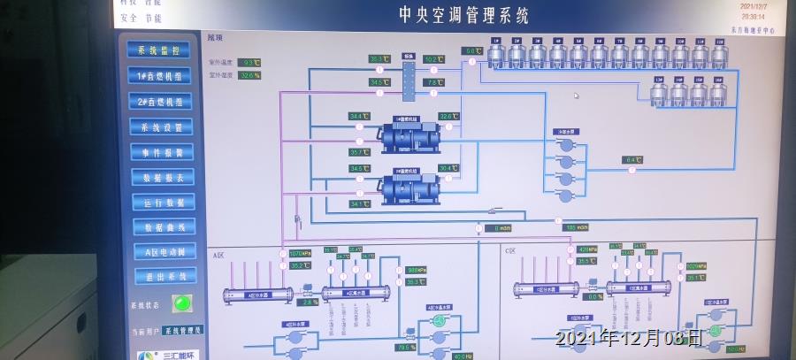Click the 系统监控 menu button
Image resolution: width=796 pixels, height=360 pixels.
click(159, 51)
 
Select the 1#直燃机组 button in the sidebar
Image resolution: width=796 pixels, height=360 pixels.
click(159, 77)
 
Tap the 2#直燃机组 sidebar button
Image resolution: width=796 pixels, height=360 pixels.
click(159, 102)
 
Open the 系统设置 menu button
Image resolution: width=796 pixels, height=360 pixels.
click(160, 127)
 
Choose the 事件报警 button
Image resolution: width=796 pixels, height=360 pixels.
click(160, 152)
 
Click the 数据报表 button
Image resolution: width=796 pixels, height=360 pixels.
click(161, 177)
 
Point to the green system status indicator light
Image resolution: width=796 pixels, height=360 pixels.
click(182, 303)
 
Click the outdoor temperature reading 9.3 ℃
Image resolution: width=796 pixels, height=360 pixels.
click(249, 63)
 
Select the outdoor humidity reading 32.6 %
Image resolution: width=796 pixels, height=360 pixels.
click(249, 76)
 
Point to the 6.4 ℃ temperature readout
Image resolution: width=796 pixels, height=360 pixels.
click(631, 160)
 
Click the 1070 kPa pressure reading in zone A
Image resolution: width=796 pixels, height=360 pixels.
click(301, 254)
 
